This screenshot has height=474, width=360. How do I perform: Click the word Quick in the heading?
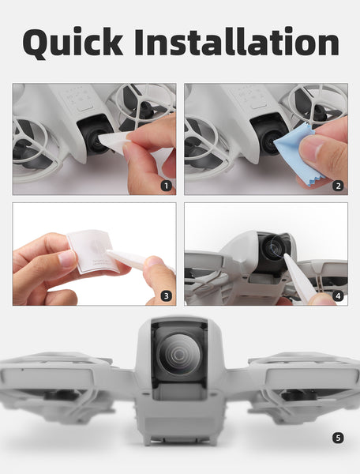coord(73,43)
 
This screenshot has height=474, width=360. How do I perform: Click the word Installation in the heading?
coord(237,41)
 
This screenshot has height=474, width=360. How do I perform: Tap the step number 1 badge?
coord(166,186)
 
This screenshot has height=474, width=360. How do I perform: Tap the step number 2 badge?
coord(338,186)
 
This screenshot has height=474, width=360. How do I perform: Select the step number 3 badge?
coord(166,296)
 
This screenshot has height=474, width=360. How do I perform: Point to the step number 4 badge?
coord(338,296)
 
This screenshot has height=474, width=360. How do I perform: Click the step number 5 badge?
coord(338,438)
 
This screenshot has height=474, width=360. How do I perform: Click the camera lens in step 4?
coord(274,247)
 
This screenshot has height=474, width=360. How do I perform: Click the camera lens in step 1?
coord(96,141)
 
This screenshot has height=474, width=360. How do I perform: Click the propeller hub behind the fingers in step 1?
coord(145,108)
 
